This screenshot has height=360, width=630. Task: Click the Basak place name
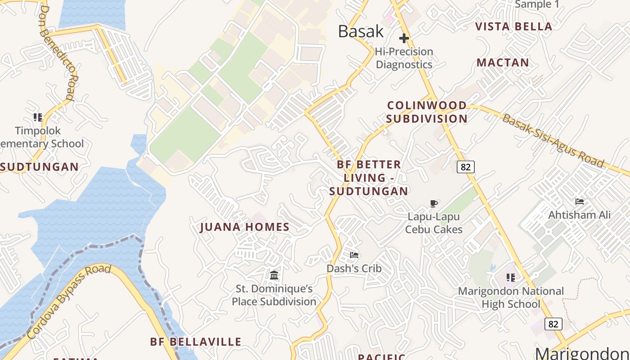click(361, 31)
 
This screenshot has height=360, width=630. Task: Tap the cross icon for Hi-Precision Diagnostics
click(404, 39)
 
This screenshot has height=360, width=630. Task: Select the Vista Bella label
click(513, 27)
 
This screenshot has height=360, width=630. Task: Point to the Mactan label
click(503, 63)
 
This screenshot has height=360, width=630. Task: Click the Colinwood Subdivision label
click(427, 112)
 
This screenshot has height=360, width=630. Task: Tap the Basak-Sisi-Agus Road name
click(553, 140)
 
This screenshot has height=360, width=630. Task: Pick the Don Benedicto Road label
click(57, 52)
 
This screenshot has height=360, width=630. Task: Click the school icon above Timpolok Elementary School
click(38, 117)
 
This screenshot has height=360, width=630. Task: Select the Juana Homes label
click(245, 227)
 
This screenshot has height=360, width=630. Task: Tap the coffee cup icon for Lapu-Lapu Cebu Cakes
click(433, 204)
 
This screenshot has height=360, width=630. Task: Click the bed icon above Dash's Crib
click(354, 255)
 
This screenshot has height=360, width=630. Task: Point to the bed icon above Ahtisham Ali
click(580, 202)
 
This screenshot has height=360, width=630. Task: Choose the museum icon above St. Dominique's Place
click(274, 275)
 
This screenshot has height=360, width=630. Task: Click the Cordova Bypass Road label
click(68, 301)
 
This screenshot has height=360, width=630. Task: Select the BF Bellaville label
click(196, 342)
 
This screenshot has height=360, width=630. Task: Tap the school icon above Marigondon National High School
click(510, 278)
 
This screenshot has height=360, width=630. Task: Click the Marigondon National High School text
click(511, 298)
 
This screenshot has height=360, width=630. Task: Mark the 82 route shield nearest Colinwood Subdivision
click(466, 167)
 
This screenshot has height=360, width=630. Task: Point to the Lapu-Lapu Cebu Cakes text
click(434, 223)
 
